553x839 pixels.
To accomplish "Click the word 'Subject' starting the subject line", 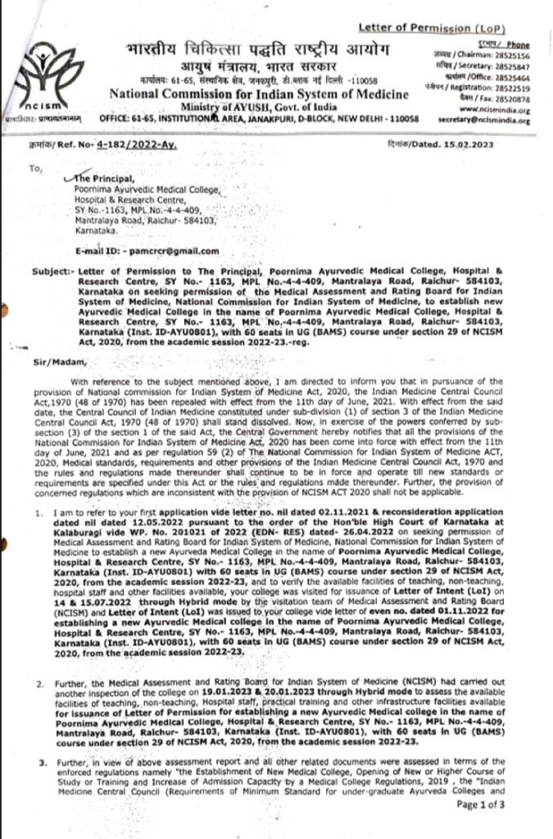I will click(x=50, y=269).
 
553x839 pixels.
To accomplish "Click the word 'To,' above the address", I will click(x=34, y=169).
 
